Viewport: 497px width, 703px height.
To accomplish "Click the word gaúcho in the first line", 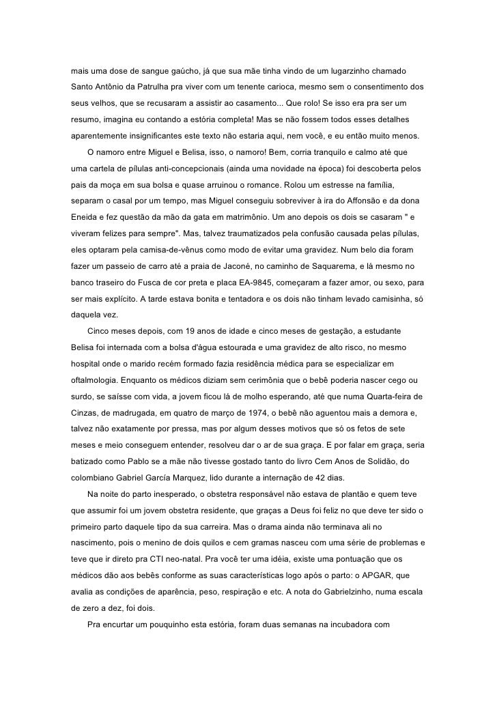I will [185, 71].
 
